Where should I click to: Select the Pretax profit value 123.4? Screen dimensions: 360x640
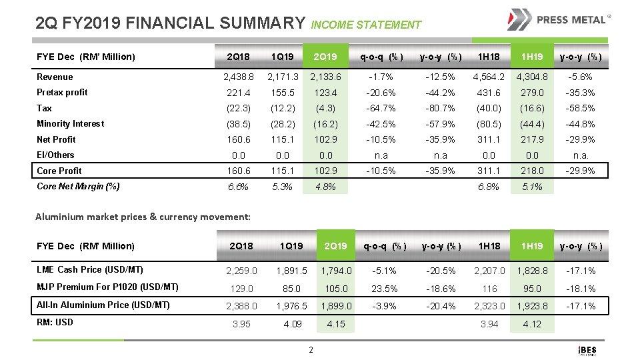click(x=325, y=93)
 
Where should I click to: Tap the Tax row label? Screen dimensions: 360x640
click(x=44, y=108)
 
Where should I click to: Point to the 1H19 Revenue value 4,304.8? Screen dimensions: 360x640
click(x=531, y=77)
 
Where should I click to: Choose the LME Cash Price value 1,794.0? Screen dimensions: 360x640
click(x=336, y=271)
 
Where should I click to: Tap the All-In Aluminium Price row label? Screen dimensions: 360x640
click(x=103, y=305)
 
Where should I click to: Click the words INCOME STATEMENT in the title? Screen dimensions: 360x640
click(x=366, y=25)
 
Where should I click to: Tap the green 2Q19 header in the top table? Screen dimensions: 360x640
click(x=325, y=57)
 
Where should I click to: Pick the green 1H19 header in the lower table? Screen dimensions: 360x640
click(x=531, y=246)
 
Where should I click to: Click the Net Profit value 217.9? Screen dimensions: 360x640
click(x=531, y=139)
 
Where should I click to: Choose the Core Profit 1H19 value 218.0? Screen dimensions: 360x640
click(x=531, y=171)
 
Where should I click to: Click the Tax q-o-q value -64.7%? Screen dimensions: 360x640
click(x=381, y=108)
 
